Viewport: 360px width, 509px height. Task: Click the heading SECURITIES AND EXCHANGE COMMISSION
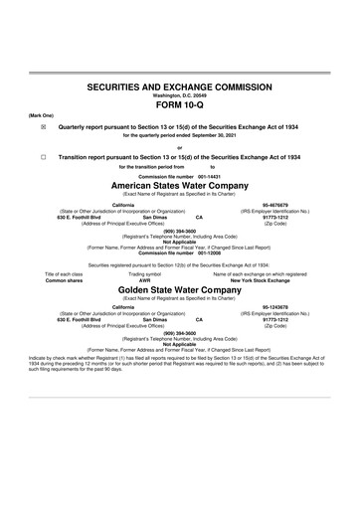179,88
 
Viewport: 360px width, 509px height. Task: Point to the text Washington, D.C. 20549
179,96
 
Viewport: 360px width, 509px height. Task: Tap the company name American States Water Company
179,186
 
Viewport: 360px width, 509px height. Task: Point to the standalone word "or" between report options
179,149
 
